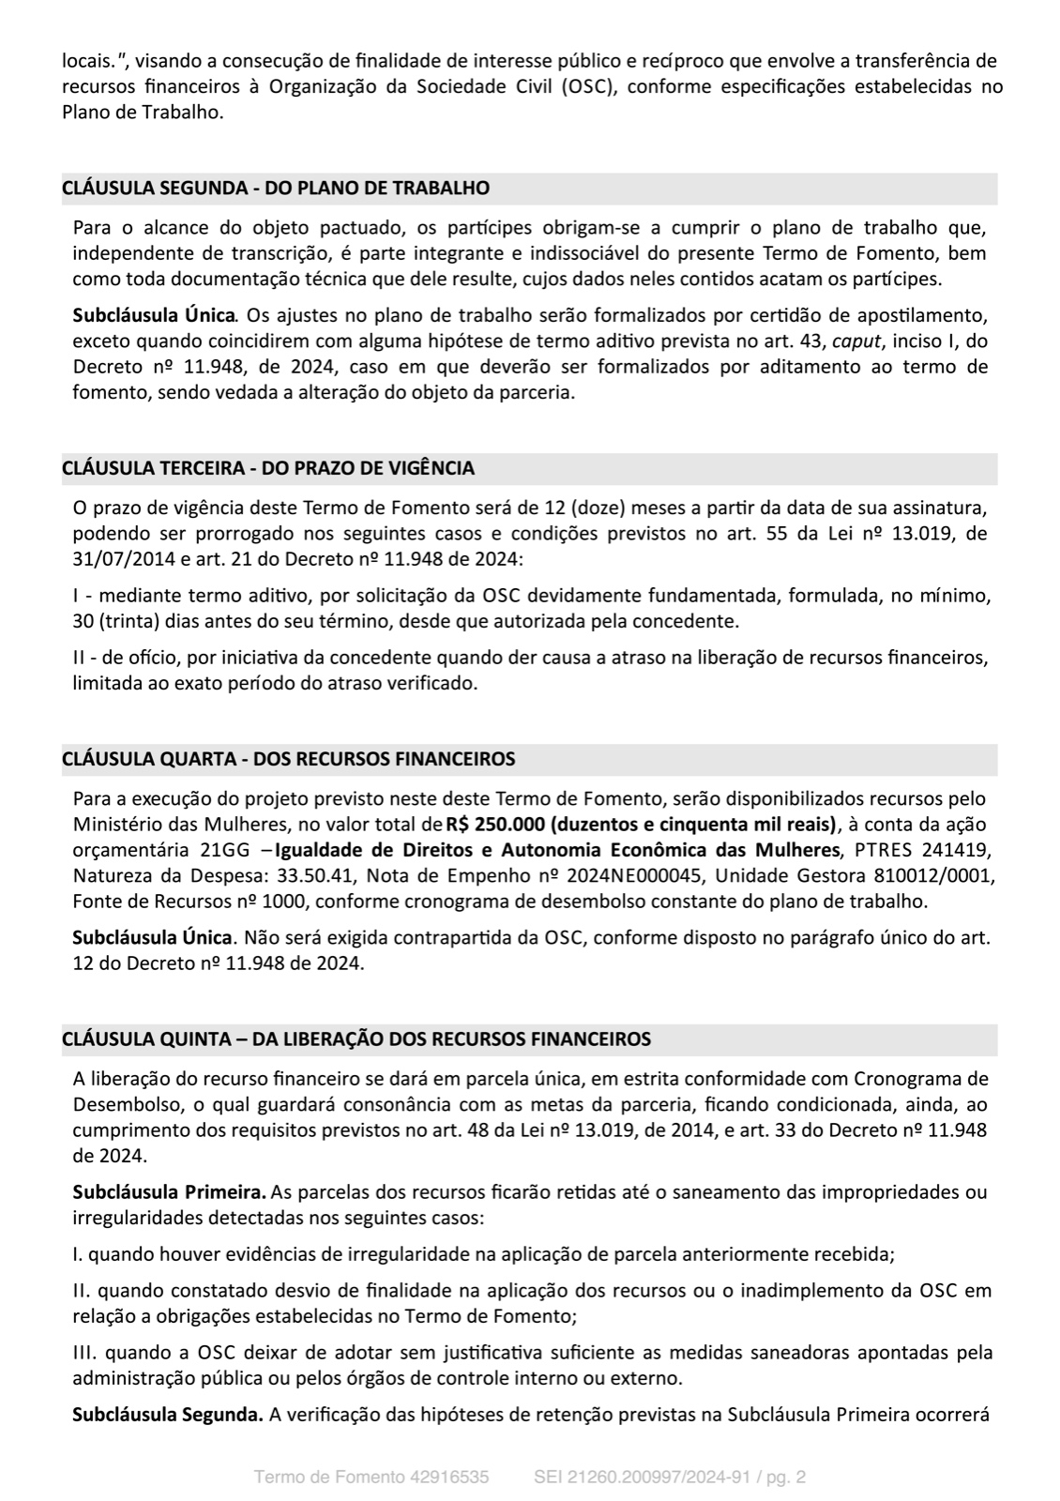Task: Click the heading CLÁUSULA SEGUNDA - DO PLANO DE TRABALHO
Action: (276, 188)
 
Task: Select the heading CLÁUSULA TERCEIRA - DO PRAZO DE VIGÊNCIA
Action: (268, 468)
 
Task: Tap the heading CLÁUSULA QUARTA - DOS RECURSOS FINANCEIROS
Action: (288, 758)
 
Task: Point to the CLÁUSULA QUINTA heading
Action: (356, 1039)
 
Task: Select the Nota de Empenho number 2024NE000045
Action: (654, 876)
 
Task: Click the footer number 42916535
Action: (449, 1478)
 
